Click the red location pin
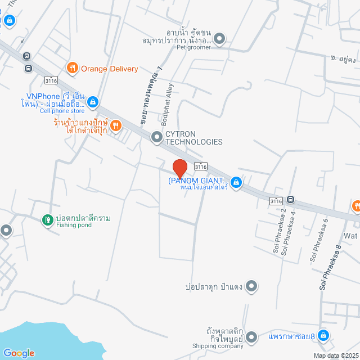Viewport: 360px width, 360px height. click(179, 169)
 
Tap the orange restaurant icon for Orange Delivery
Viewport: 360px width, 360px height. click(73, 69)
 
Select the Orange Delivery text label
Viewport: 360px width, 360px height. click(109, 69)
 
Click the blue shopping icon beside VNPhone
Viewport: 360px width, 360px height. click(93, 102)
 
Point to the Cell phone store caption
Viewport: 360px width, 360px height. click(62, 111)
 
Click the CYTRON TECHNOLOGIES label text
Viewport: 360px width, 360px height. click(193, 138)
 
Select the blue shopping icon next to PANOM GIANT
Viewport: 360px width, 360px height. click(236, 182)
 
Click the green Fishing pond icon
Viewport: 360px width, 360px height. click(48, 219)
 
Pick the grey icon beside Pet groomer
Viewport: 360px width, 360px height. click(219, 39)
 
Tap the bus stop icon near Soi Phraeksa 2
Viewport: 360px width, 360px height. click(290, 199)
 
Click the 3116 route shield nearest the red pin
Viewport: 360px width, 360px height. click(201, 166)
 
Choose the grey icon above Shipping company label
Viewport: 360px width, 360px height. click(251, 336)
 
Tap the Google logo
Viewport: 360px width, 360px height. click(19, 353)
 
